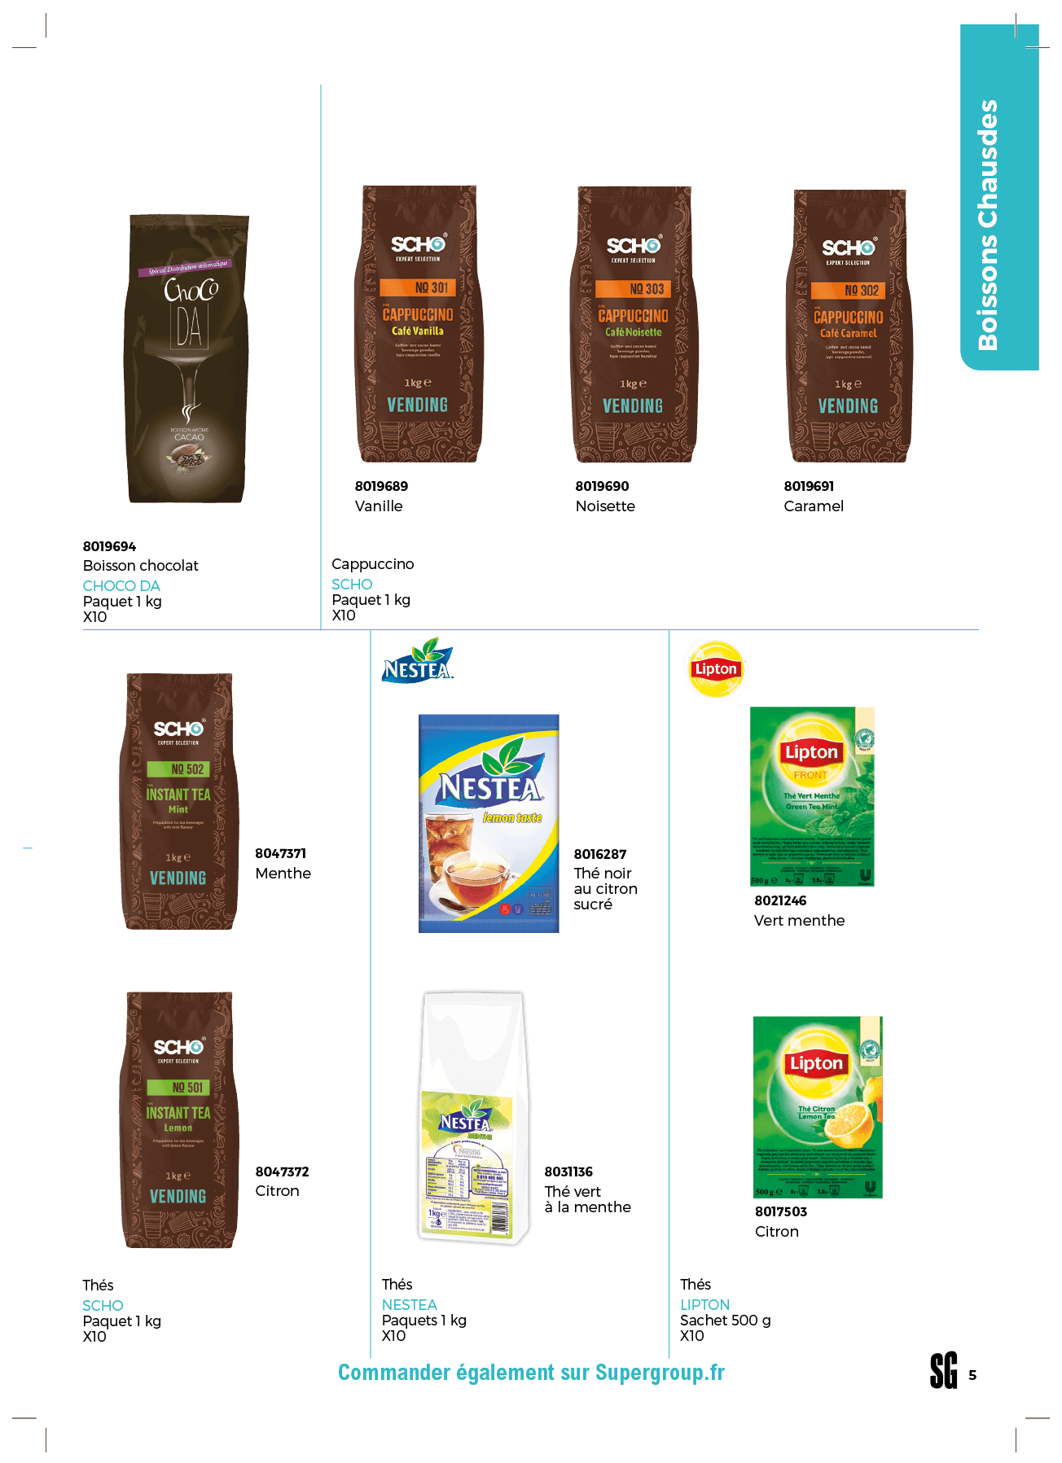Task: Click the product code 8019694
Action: click(x=109, y=546)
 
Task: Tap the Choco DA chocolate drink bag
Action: click(x=188, y=358)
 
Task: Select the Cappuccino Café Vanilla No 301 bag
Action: click(x=419, y=324)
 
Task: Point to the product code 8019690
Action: click(x=602, y=486)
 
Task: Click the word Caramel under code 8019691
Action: click(x=813, y=506)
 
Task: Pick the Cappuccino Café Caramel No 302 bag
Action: click(x=849, y=326)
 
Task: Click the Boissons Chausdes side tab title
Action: click(x=988, y=225)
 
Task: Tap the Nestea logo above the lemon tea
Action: click(x=418, y=661)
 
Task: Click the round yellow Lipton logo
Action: click(x=716, y=668)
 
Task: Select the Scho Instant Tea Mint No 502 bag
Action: click(x=178, y=801)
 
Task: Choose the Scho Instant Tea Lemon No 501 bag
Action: click(x=178, y=1119)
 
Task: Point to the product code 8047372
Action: click(x=282, y=1172)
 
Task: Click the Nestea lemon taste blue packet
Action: click(x=489, y=823)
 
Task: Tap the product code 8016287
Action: click(x=599, y=854)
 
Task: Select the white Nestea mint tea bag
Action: click(x=472, y=1119)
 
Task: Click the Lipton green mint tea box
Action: click(x=812, y=796)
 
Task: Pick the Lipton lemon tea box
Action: click(x=817, y=1106)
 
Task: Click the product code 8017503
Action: click(x=780, y=1211)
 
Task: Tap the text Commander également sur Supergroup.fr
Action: click(x=531, y=1373)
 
